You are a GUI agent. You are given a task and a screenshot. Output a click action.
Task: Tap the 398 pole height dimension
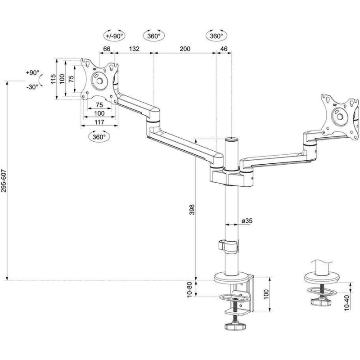[x=192, y=210]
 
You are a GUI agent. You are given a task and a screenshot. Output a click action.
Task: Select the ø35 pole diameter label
[x=247, y=221]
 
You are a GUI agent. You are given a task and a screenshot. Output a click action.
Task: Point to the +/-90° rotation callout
[x=115, y=36]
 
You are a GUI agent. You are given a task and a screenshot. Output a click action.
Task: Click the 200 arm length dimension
[x=185, y=49]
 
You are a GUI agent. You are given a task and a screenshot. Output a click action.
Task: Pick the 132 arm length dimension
[x=134, y=49]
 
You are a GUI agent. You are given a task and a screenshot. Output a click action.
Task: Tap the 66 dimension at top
[x=107, y=49]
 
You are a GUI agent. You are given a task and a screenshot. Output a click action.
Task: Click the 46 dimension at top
[x=224, y=49]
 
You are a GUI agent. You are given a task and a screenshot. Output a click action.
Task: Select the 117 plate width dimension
[x=99, y=122]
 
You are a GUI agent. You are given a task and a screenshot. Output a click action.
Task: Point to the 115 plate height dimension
[x=53, y=79]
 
